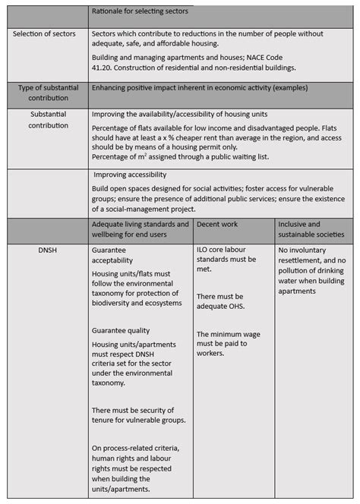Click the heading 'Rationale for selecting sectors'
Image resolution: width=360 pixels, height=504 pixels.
click(140, 12)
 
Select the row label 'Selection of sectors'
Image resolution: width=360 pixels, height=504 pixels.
click(47, 34)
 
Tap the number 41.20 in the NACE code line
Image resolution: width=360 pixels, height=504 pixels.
click(103, 68)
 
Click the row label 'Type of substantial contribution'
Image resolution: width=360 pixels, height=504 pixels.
click(48, 93)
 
